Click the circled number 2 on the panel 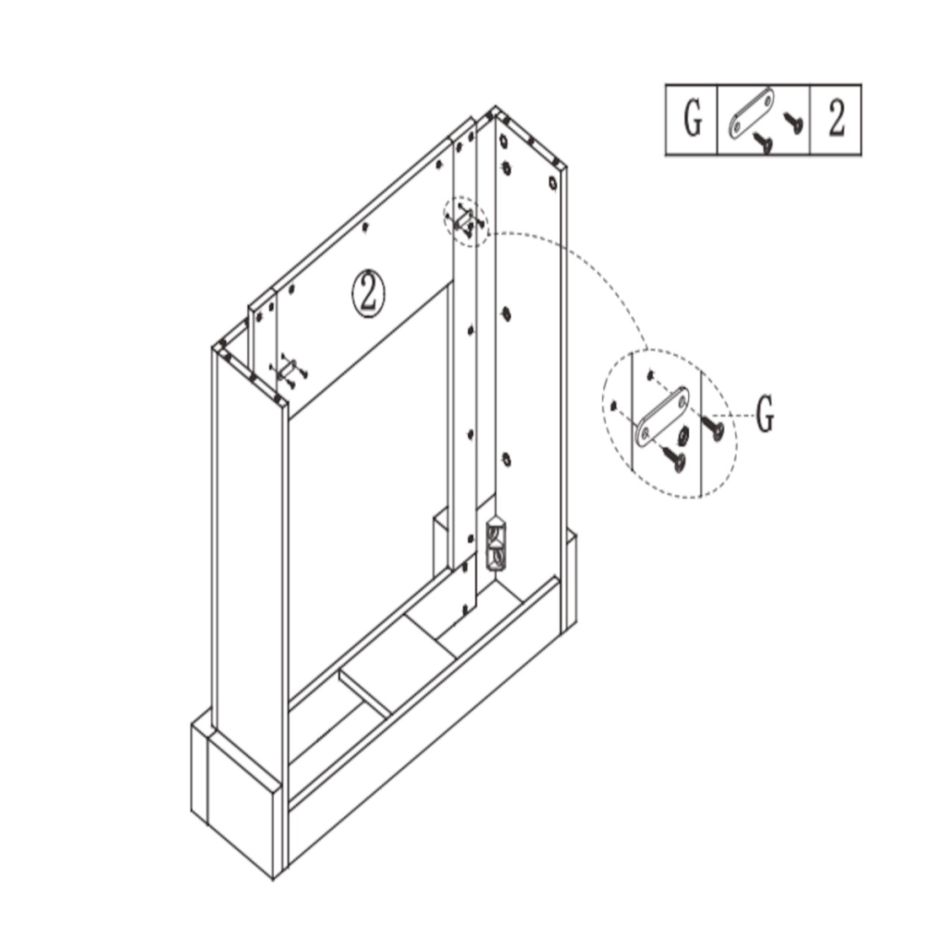368,292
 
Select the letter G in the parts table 692,120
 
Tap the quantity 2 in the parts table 836,120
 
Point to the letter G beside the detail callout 764,417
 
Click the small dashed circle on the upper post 466,220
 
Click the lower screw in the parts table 763,141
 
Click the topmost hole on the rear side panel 503,143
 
